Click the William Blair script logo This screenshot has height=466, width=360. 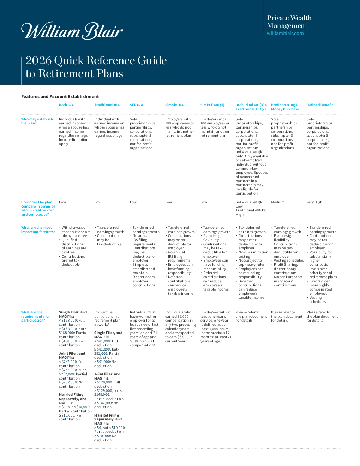72,30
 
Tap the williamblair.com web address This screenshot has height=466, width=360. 285,33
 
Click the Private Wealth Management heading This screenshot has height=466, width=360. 289,22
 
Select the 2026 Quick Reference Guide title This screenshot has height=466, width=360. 96,67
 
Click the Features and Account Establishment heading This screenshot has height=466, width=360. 60,96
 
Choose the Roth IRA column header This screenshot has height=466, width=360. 66,105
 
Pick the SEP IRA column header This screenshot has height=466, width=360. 136,105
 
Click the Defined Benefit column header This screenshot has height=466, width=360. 320,105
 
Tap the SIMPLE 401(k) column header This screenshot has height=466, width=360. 212,105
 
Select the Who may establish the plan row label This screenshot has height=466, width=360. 37,121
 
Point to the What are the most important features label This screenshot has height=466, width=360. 38,229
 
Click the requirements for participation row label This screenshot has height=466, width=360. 35,316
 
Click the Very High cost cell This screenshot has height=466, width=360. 314,202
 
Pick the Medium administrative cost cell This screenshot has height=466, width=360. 278,202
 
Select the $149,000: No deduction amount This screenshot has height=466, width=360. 106,405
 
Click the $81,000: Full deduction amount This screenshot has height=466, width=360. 106,343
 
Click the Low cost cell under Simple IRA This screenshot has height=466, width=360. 168,202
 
